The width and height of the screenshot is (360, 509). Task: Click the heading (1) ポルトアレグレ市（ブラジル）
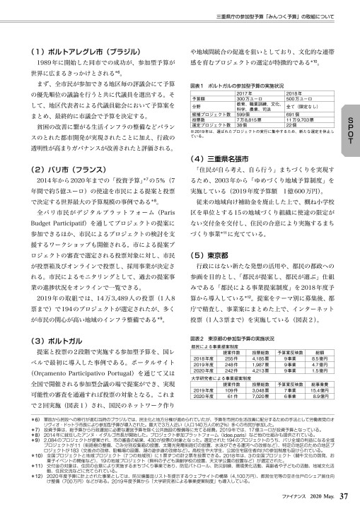click(x=81, y=51)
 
